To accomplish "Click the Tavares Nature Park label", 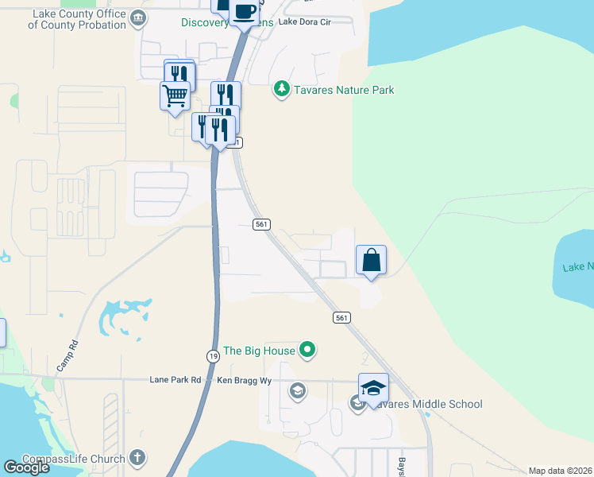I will (x=343, y=90).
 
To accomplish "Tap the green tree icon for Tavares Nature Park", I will (x=280, y=88).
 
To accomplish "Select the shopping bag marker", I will (x=371, y=260).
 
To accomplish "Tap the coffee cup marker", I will (x=244, y=11).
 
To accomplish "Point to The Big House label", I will (x=259, y=351).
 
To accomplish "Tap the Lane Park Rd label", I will (x=175, y=381).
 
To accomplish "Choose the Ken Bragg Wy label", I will (x=245, y=381).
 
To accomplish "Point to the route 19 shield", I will (x=214, y=357).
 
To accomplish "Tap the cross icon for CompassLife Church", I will (x=137, y=458).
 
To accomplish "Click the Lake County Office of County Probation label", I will (x=77, y=19).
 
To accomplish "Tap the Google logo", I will (x=26, y=467).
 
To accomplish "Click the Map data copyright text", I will (x=561, y=471).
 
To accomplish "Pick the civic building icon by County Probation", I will (x=138, y=18).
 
